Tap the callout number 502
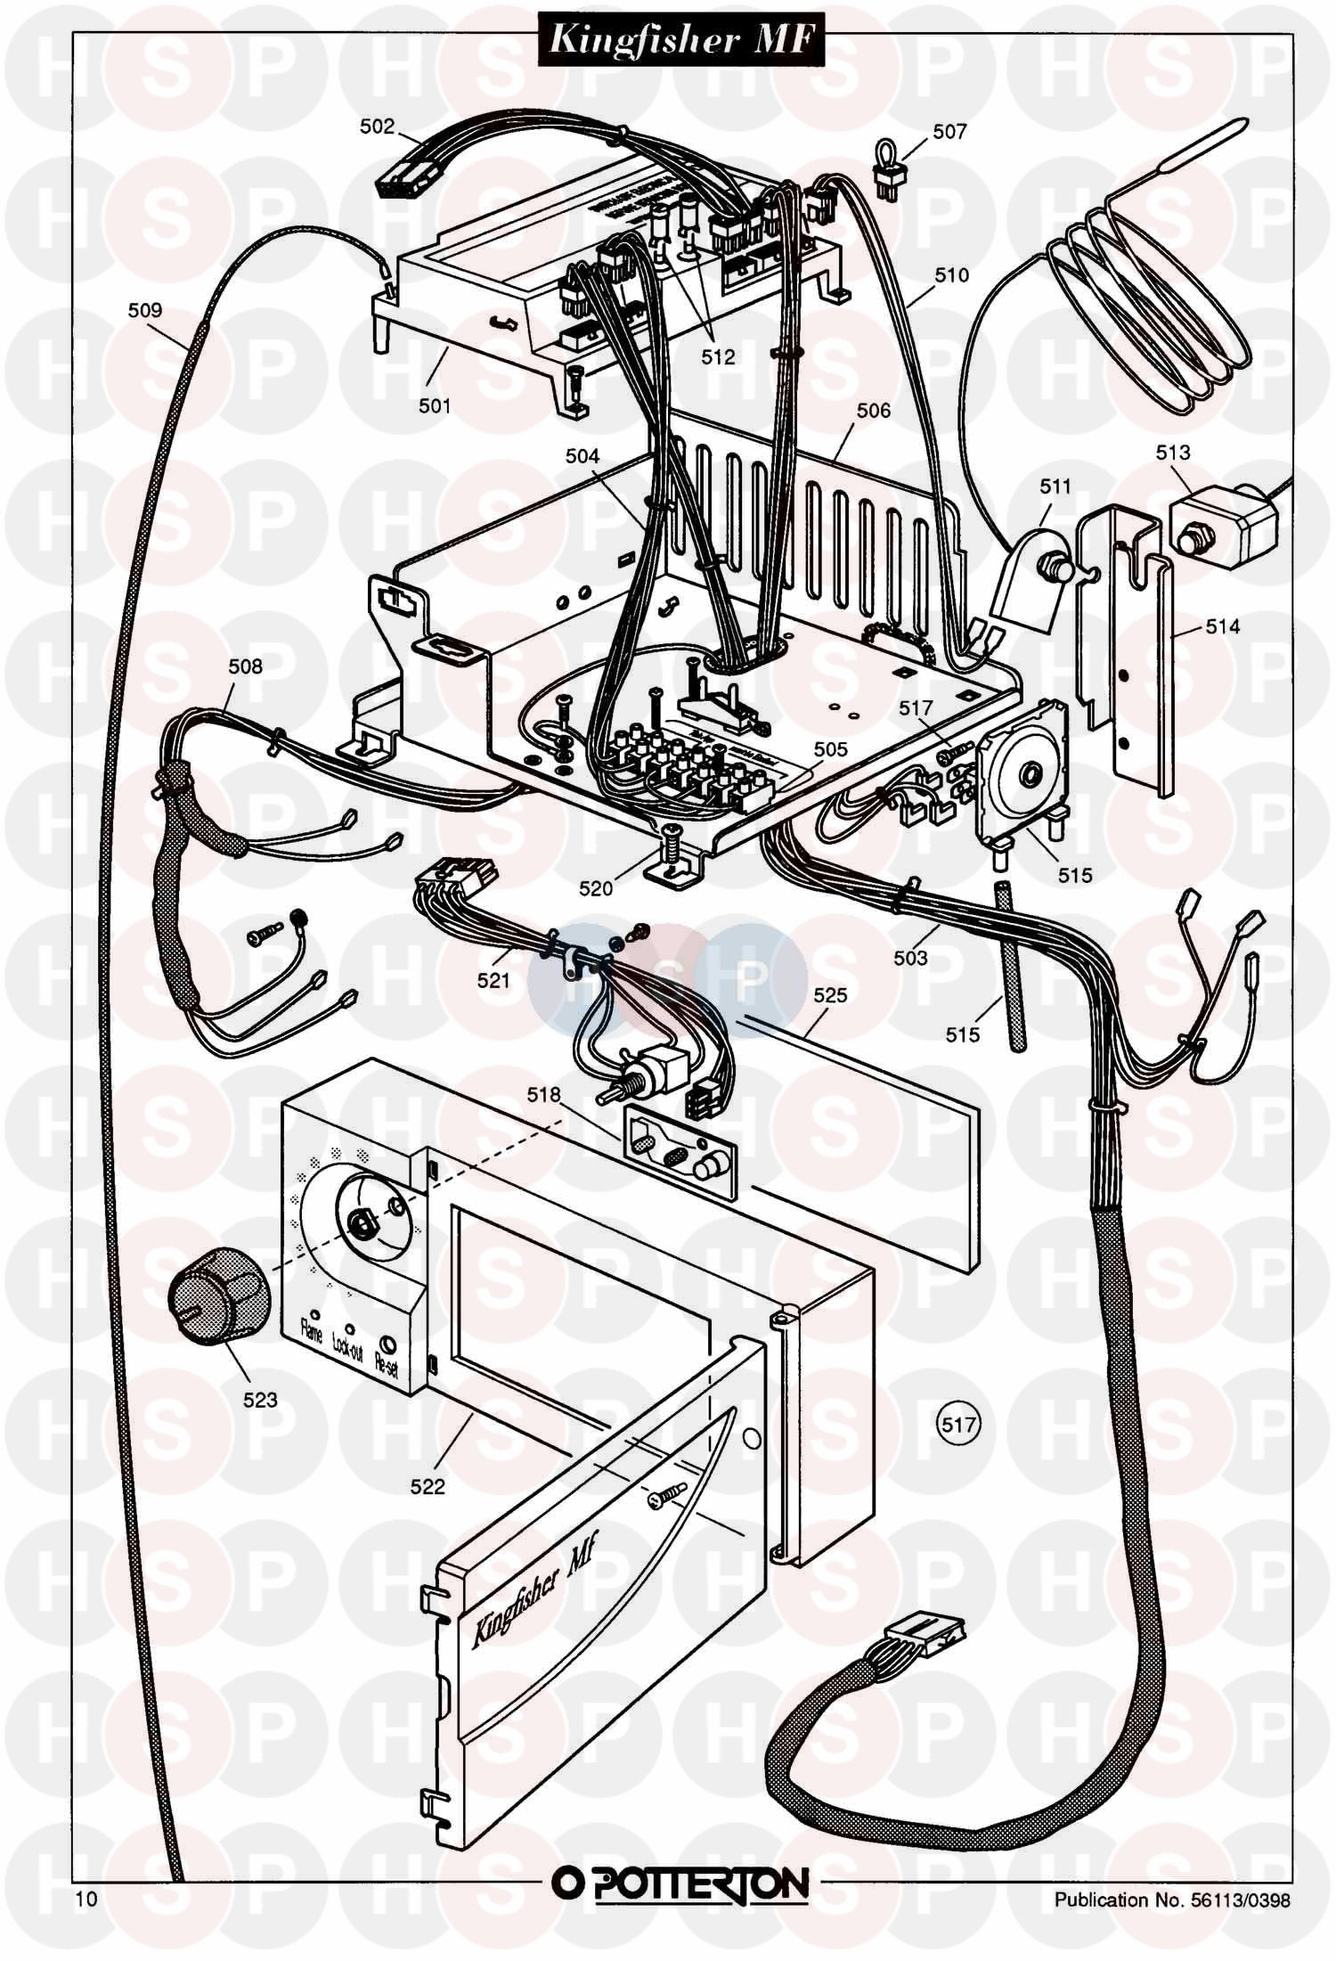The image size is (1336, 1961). click(377, 127)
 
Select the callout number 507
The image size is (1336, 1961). click(949, 132)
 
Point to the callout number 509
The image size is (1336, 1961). click(145, 310)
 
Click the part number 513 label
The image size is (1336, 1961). click(1172, 453)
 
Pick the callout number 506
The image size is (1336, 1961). click(873, 410)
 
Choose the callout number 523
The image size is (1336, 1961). click(260, 1400)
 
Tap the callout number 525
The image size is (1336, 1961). click(830, 995)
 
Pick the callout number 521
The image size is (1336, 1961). click(493, 981)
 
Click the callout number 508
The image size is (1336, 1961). click(245, 666)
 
